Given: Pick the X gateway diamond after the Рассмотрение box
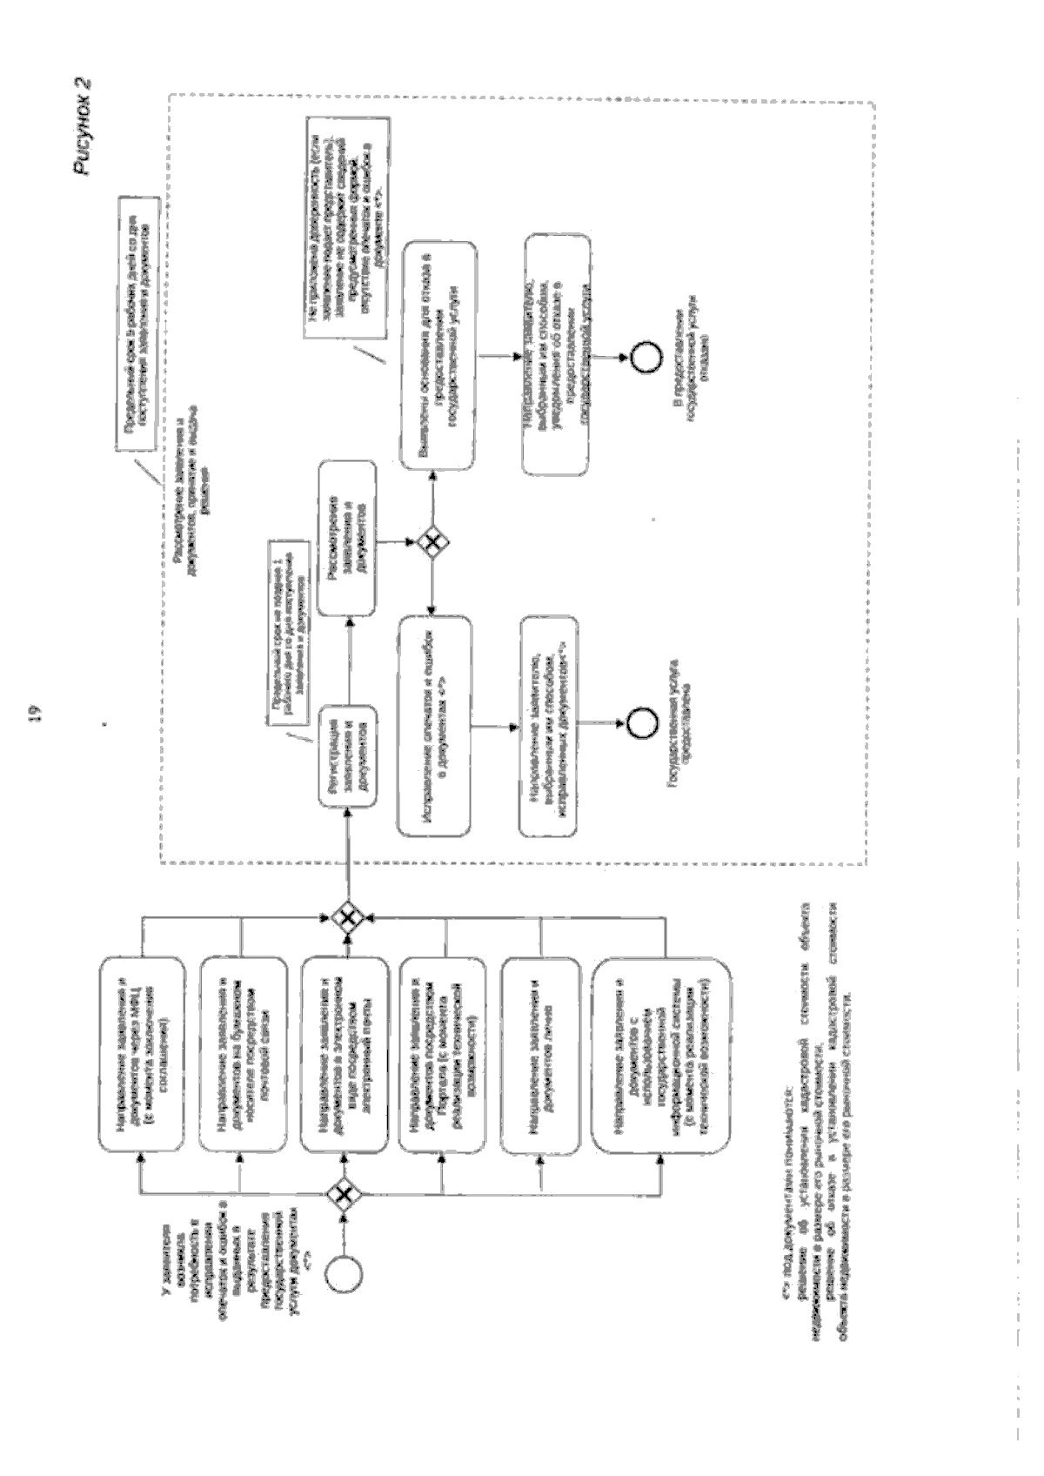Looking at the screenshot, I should [432, 542].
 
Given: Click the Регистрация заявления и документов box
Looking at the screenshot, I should [347, 752].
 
